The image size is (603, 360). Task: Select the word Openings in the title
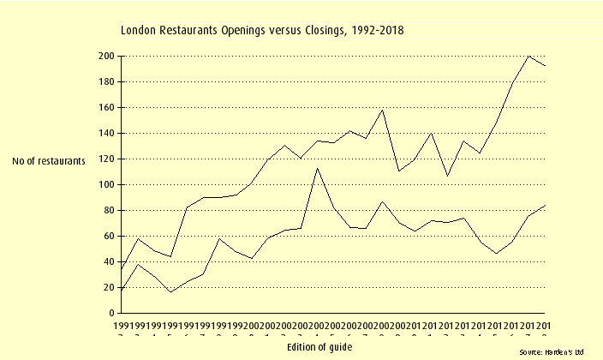click(246, 31)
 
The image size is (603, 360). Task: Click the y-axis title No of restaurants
click(49, 159)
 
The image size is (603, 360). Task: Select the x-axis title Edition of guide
click(319, 346)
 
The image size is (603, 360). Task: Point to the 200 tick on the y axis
click(106, 56)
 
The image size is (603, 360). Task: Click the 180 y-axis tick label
click(106, 81)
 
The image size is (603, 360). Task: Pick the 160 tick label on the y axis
click(106, 107)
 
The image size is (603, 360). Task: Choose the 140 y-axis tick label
click(106, 133)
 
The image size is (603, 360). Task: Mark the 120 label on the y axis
click(106, 159)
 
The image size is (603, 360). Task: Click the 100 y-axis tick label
click(106, 184)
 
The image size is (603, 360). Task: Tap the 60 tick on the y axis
click(109, 236)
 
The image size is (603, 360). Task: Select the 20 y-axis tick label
click(109, 287)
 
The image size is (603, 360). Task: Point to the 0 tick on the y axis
click(111, 313)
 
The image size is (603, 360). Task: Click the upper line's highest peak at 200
click(529, 56)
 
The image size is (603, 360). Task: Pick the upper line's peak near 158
click(382, 110)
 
